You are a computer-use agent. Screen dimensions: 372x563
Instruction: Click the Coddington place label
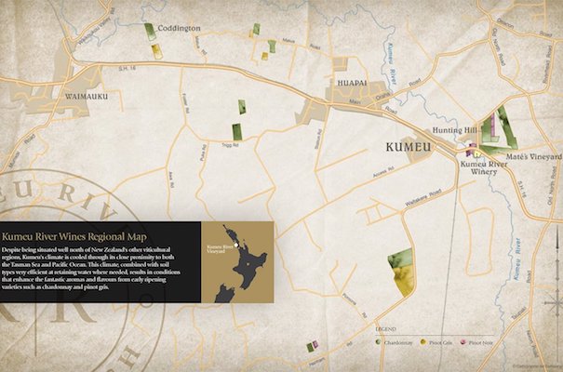pyautogui.click(x=175, y=28)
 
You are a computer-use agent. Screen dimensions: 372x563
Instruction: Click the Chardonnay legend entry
pyautogui.click(x=398, y=341)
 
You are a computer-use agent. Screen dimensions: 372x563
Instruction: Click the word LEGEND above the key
pyautogui.click(x=384, y=329)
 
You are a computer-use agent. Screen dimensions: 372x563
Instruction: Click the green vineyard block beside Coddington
pyautogui.click(x=150, y=31)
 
